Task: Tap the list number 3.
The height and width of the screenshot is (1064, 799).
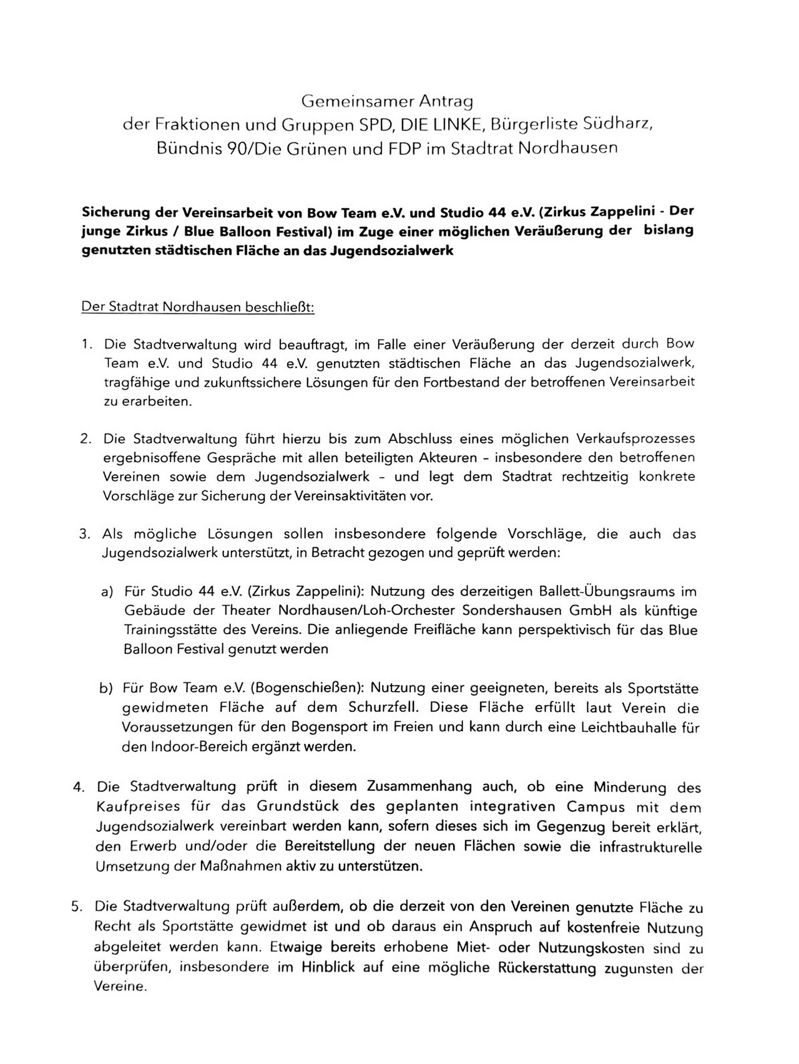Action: point(86,534)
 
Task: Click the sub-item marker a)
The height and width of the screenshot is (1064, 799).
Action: point(107,591)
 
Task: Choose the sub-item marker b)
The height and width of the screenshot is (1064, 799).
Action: point(106,689)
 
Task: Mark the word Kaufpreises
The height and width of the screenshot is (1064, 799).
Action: point(131,806)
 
